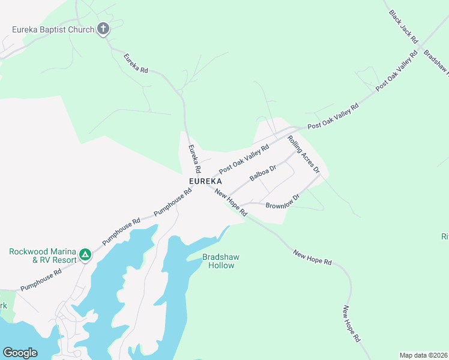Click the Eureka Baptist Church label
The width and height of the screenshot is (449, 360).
(53, 29)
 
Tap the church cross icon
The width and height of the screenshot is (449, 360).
(103, 29)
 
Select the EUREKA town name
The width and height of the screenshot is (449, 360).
(205, 181)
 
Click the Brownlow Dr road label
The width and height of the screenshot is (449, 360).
(282, 201)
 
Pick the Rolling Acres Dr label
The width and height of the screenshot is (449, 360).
(304, 155)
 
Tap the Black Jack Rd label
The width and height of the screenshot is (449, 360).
(403, 26)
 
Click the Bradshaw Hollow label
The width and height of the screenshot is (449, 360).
(220, 261)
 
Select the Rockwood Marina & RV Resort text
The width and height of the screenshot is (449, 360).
(43, 256)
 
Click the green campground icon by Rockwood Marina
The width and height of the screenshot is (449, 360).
(86, 255)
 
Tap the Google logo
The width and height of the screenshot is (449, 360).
(20, 353)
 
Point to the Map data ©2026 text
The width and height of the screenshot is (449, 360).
(423, 355)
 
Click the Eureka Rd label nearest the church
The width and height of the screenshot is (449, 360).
(136, 63)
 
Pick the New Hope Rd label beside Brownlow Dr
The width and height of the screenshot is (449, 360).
(231, 203)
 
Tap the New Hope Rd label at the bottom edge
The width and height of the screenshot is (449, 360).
(351, 324)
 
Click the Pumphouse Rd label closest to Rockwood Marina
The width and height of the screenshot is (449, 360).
(41, 280)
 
